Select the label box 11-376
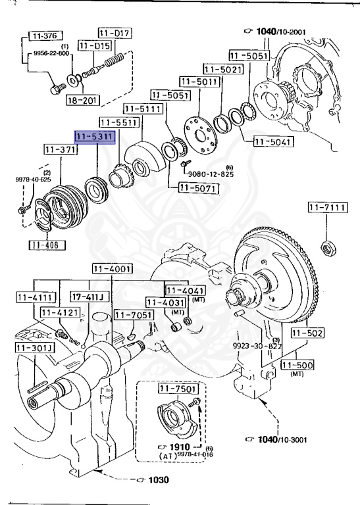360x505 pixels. [44, 36]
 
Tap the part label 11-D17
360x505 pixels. [115, 32]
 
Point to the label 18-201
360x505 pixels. [83, 100]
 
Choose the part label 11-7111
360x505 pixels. [326, 208]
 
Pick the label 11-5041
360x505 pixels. [272, 141]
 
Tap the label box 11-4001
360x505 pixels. [112, 268]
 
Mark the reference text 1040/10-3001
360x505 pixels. [280, 439]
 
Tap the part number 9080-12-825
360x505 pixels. [211, 174]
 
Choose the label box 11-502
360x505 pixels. [307, 333]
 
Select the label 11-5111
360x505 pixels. [141, 108]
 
